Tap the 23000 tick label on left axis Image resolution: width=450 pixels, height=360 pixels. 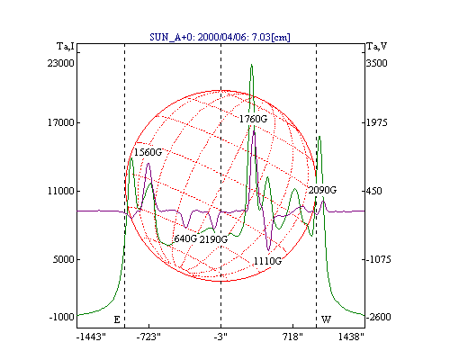pyautogui.click(x=60, y=63)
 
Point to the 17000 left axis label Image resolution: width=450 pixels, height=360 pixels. pyautogui.click(x=60, y=122)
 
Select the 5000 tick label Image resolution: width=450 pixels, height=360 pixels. pyautogui.click(x=63, y=259)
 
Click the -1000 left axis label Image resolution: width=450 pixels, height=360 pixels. pyautogui.click(x=62, y=317)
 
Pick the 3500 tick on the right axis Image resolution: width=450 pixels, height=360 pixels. pyautogui.click(x=377, y=63)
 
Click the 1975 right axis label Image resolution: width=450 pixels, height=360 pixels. pyautogui.click(x=377, y=122)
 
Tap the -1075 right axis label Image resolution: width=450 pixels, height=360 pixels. pyautogui.click(x=379, y=259)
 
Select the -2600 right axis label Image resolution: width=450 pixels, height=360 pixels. pyautogui.click(x=379, y=317)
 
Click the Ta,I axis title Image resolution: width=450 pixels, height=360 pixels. pyautogui.click(x=66, y=47)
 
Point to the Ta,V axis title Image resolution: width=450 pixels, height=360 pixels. pyautogui.click(x=377, y=47)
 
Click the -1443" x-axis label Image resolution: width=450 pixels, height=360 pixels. pyautogui.click(x=91, y=337)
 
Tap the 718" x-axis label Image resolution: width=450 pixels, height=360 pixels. pyautogui.click(x=292, y=337)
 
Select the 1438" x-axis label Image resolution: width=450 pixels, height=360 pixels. pyautogui.click(x=351, y=337)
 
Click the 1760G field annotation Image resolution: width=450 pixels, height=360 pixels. pyautogui.click(x=253, y=119)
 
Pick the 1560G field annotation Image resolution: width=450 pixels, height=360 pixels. pyautogui.click(x=148, y=152)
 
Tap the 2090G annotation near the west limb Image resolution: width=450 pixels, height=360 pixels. pyautogui.click(x=322, y=190)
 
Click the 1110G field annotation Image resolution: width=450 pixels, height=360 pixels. pyautogui.click(x=268, y=261)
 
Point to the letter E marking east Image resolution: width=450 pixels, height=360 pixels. pyautogui.click(x=117, y=319)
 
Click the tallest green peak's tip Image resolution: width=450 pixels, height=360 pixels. pyautogui.click(x=252, y=64)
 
